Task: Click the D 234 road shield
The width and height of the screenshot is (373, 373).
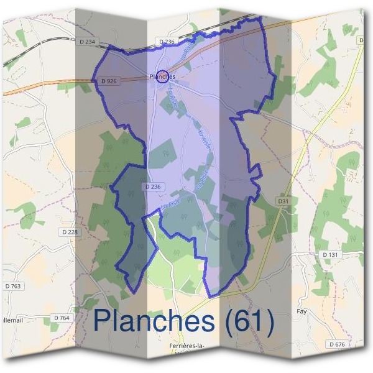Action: [89, 42]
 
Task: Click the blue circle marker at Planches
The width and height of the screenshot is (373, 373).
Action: [162, 76]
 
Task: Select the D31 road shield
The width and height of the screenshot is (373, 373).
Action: [284, 201]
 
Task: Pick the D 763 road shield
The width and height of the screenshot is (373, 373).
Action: [12, 286]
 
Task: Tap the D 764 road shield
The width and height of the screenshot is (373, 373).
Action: [62, 318]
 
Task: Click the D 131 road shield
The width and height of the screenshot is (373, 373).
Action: [329, 255]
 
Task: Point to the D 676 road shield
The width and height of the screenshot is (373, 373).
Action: [337, 344]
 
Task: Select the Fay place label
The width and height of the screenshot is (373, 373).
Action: [302, 311]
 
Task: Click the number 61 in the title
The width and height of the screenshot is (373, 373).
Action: [248, 321]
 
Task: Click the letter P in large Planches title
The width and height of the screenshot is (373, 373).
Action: [103, 321]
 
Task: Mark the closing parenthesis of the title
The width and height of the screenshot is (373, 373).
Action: [269, 322]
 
